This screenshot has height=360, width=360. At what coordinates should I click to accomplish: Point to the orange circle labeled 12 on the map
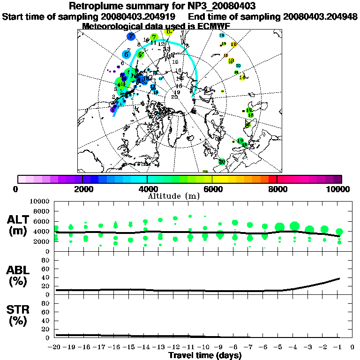pos(233,44)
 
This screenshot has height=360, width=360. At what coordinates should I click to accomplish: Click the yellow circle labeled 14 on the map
pos(242,77)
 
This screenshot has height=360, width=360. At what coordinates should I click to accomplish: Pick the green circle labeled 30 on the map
pos(222,161)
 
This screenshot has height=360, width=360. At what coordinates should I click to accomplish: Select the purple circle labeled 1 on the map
pos(113,110)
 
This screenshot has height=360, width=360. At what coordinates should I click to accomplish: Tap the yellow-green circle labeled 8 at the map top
pos(169,31)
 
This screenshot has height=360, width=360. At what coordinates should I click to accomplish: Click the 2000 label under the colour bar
pos(82,189)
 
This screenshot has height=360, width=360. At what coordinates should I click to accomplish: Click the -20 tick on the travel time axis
pos(55,347)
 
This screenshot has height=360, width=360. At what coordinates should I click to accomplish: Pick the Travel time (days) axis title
pos(204,355)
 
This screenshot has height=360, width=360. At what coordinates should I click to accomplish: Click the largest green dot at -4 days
pos(294,227)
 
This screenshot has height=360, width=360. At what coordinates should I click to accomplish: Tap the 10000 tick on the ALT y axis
pos(41,201)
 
